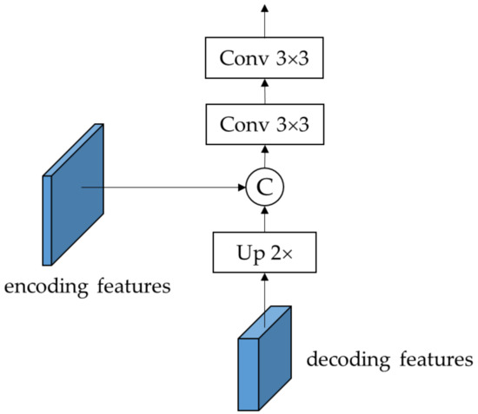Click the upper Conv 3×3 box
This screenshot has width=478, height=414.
[x=264, y=60]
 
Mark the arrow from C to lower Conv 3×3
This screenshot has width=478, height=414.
[x=264, y=157]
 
